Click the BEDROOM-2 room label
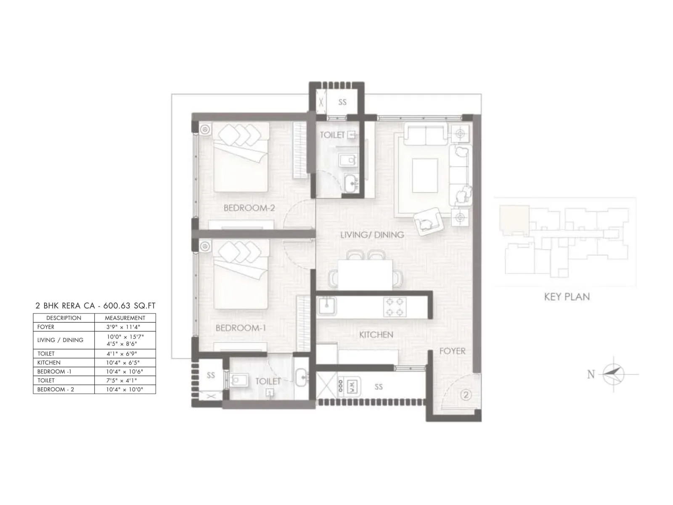pos(249,208)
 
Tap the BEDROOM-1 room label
pos(241,328)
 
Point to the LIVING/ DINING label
pos(372,235)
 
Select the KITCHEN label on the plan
pos(376,335)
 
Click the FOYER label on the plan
pos(452,351)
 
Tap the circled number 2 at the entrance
pos(466,395)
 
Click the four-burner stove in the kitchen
pos(395,307)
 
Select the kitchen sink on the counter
pos(327,306)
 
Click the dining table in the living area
pos(365,274)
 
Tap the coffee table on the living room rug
pos(425,175)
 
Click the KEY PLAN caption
pos(567,297)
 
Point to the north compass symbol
pos(614,374)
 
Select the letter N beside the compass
pos(591,374)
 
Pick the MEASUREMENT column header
pos(125,318)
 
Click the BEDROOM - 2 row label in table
pos(56,390)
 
